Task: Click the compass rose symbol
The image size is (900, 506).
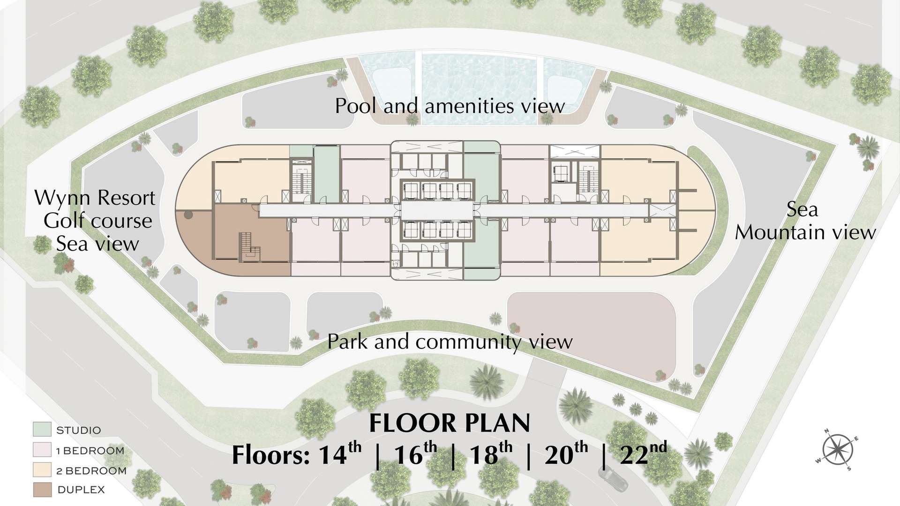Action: [837, 449]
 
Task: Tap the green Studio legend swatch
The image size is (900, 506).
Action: [42, 429]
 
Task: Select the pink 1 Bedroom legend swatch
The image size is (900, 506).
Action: [42, 450]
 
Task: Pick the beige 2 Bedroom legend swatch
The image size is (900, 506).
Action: [42, 469]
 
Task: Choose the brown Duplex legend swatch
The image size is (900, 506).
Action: [42, 490]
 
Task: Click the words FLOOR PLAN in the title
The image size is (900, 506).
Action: [450, 423]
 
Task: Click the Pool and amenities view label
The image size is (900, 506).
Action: [450, 106]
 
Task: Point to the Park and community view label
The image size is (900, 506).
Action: [450, 342]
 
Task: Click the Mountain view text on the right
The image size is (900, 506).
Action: [805, 232]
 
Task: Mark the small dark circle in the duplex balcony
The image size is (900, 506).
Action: [188, 215]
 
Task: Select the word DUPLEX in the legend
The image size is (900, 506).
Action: [81, 490]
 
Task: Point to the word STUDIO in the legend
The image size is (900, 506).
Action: [78, 430]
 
